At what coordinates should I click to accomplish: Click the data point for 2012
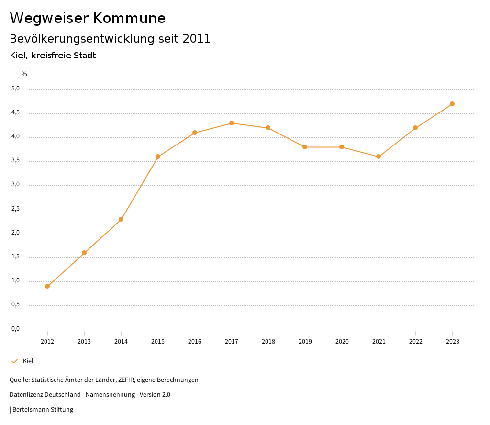pos(47,286)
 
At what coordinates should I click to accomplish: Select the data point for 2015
pos(158,157)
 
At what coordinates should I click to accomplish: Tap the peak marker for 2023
pos(452,104)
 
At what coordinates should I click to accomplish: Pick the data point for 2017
pos(232,123)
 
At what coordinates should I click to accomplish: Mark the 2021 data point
pos(379,157)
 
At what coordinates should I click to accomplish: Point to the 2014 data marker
pos(121,219)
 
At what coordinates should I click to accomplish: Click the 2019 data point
pos(305,147)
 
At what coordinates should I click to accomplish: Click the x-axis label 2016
pos(195,342)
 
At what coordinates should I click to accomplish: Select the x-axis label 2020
pos(342,342)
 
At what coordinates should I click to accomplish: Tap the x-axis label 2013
pos(84,342)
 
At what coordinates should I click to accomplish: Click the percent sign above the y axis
pos(24,74)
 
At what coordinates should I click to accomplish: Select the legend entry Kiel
pos(28,361)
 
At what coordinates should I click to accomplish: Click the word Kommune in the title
pos(129,18)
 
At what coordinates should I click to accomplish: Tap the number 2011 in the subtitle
pos(197,39)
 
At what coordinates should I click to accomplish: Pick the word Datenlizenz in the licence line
pos(27,395)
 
